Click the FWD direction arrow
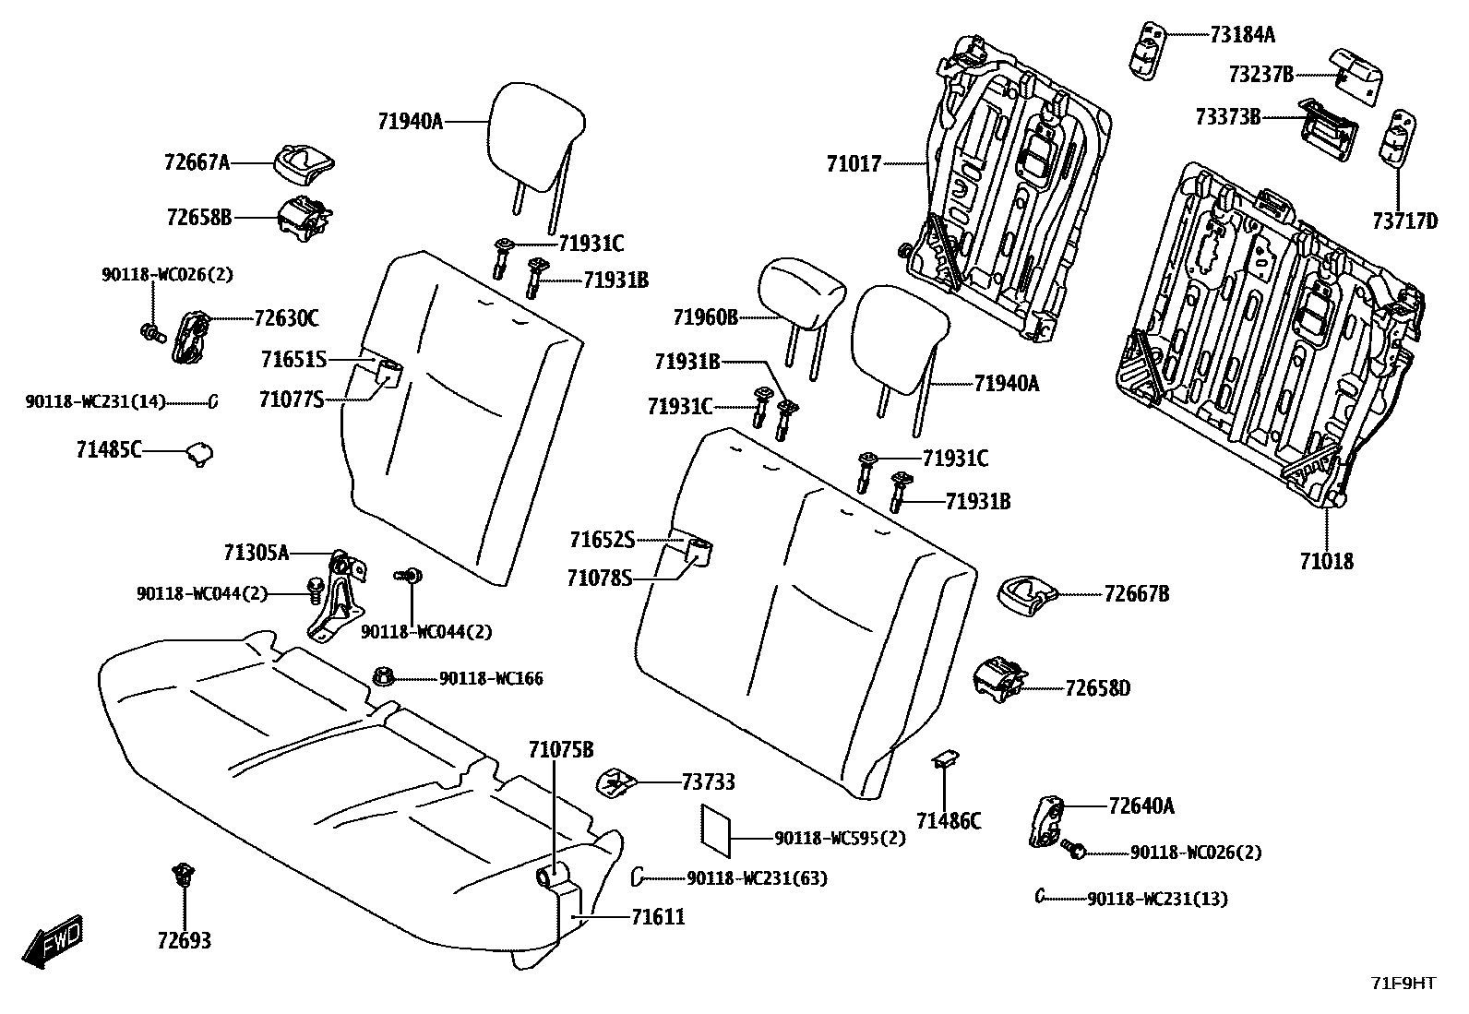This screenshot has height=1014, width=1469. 52,941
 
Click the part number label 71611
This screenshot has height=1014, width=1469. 658,917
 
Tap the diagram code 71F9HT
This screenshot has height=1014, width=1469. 1403,984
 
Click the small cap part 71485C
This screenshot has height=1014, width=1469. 199,452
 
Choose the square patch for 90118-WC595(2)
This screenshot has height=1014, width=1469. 715,828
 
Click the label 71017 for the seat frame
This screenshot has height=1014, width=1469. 854,164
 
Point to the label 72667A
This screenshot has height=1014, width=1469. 197,162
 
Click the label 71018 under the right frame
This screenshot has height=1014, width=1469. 1326,560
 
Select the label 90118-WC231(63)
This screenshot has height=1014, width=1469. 757,878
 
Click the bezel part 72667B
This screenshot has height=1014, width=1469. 1024,591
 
